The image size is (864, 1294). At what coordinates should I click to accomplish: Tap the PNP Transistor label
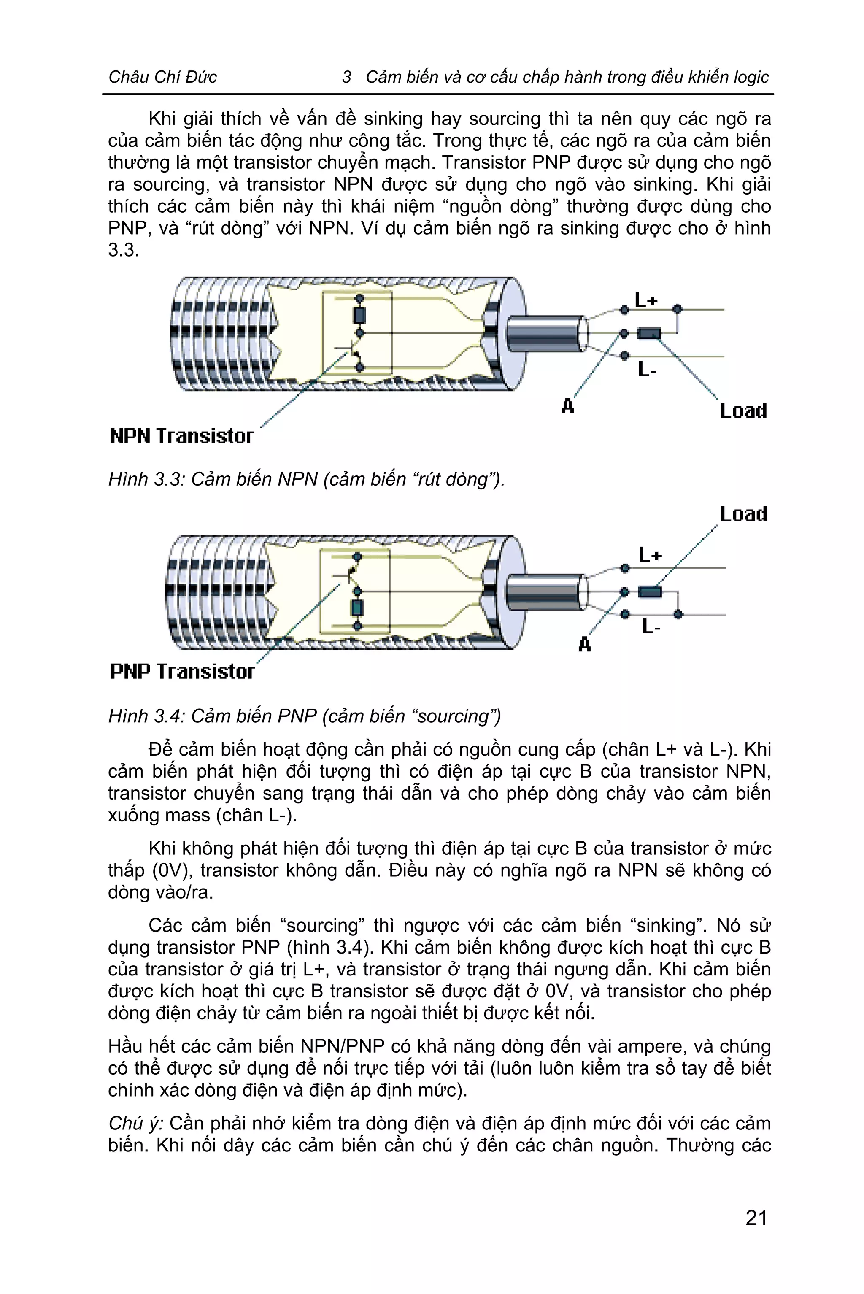182,671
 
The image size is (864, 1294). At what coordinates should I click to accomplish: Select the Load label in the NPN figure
743,411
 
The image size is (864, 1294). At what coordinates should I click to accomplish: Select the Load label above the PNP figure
743,514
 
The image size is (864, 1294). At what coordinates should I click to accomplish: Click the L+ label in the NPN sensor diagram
646,300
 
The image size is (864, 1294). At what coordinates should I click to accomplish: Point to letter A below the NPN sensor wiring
567,406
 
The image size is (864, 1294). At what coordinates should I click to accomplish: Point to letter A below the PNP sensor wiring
585,644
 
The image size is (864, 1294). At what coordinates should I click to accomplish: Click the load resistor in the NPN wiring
649,333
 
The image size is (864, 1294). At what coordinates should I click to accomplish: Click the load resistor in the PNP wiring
650,592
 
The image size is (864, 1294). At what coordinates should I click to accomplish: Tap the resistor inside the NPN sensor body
360,315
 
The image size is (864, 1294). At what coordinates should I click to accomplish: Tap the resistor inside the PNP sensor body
357,608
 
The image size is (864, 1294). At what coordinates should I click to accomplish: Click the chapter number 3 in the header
347,77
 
